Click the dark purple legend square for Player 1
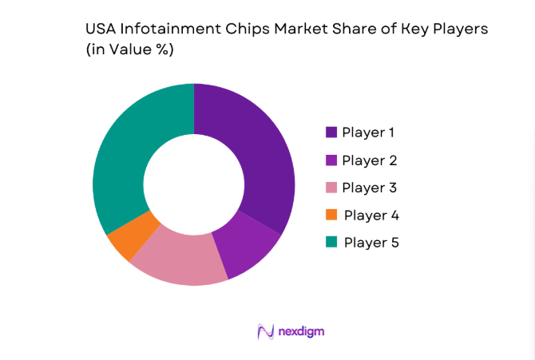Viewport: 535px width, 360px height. pyautogui.click(x=331, y=132)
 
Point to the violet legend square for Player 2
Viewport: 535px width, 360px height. pyautogui.click(x=331, y=160)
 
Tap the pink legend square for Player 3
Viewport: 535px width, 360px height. pyautogui.click(x=331, y=188)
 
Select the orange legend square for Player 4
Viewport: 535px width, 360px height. pyautogui.click(x=331, y=215)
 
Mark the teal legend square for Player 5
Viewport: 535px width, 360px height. pyautogui.click(x=331, y=242)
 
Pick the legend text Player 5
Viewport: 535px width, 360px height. pyautogui.click(x=371, y=242)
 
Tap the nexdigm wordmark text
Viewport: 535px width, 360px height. pyautogui.click(x=301, y=330)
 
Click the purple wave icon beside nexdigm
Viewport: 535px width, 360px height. pyautogui.click(x=266, y=331)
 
